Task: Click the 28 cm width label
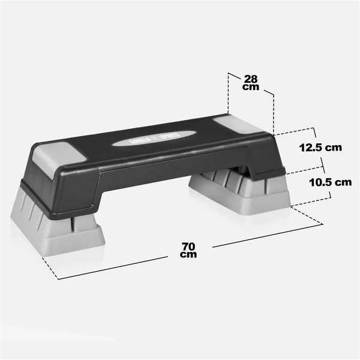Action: [x=251, y=82]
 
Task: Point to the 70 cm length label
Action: [x=189, y=250]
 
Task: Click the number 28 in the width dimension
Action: [x=251, y=78]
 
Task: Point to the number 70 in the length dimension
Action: [x=189, y=245]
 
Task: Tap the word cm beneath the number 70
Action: [x=189, y=254]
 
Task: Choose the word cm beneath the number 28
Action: [x=251, y=87]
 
